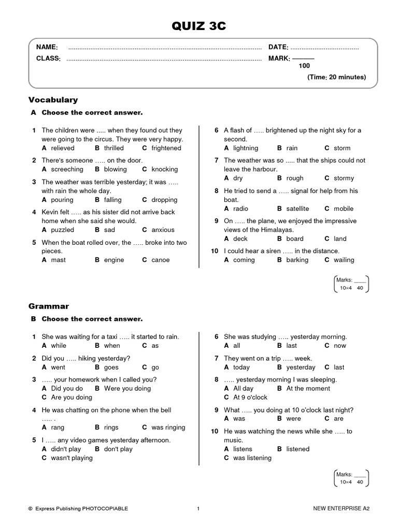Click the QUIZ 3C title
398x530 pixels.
(199, 26)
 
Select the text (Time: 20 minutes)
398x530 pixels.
(336, 77)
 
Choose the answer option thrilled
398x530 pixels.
(113, 148)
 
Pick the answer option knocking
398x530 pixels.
(164, 169)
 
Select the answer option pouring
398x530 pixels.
(62, 200)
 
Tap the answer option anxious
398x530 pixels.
(163, 230)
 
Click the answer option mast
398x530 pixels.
(58, 260)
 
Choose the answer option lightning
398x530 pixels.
(245, 148)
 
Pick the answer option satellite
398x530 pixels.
(297, 209)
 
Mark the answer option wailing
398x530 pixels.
(344, 260)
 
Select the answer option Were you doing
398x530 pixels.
(127, 388)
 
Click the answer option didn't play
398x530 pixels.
(66, 449)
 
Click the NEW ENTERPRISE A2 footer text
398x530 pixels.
(342, 509)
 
